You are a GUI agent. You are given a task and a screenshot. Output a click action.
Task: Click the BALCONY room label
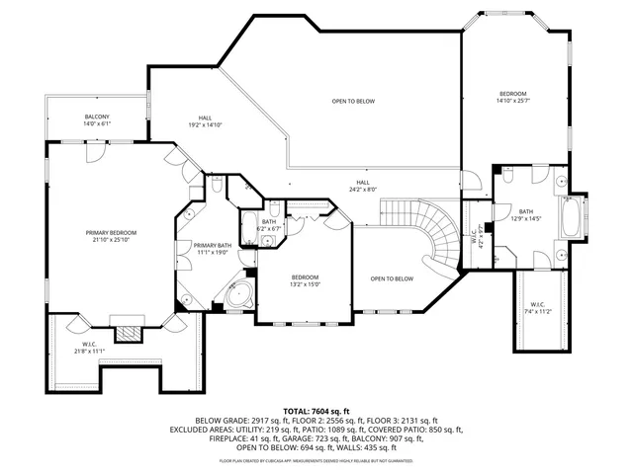(96, 118)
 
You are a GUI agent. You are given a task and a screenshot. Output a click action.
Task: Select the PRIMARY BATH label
(212, 245)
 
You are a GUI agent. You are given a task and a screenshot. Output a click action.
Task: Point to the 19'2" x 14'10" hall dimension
(205, 125)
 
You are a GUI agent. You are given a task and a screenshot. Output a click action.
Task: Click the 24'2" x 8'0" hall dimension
(363, 189)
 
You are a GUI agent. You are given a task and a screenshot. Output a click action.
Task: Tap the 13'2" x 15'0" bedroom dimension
(305, 284)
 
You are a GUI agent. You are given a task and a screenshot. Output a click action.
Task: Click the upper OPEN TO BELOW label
(353, 101)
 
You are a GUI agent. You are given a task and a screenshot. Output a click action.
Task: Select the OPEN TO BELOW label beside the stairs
(392, 278)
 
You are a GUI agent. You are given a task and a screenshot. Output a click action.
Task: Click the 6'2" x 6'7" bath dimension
(270, 229)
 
